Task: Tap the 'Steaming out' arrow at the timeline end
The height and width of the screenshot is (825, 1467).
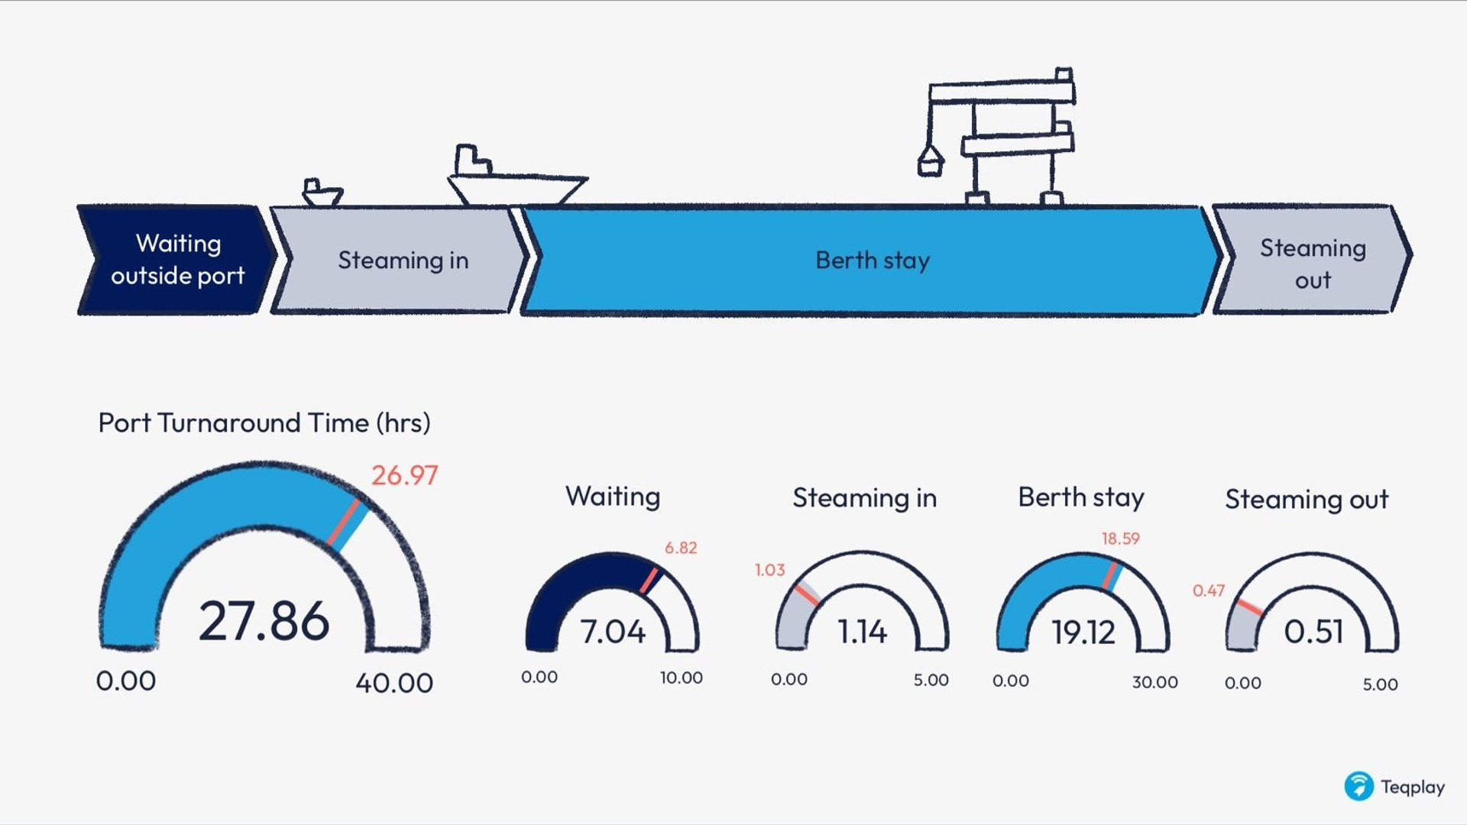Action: [x=1312, y=260]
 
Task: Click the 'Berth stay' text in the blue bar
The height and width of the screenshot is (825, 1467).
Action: [x=873, y=260]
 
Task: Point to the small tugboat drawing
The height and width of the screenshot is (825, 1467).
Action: [x=322, y=192]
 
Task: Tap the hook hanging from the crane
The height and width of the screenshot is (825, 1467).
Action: [x=930, y=161]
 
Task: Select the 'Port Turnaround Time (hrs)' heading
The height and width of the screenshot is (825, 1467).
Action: [x=264, y=422]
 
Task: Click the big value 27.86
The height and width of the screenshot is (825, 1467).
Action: [x=264, y=621]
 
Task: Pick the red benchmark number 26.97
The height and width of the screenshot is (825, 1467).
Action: [x=404, y=475]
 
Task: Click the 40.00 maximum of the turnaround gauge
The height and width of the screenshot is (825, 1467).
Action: [x=394, y=682]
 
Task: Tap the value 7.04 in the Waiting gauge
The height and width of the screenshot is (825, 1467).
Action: [x=613, y=632]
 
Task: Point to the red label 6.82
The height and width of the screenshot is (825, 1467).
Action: [x=681, y=548]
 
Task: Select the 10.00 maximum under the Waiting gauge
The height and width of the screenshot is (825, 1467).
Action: [x=682, y=678]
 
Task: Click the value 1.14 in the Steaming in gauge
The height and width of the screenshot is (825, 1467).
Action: [x=863, y=632]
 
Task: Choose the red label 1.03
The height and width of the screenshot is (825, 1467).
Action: [x=769, y=570]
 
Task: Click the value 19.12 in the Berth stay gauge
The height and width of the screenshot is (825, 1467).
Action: [x=1083, y=632]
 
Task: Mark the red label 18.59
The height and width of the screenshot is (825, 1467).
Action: [x=1120, y=539]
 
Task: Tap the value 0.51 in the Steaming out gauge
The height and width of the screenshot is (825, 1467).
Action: [x=1313, y=632]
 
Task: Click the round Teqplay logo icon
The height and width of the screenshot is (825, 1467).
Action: [x=1359, y=786]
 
